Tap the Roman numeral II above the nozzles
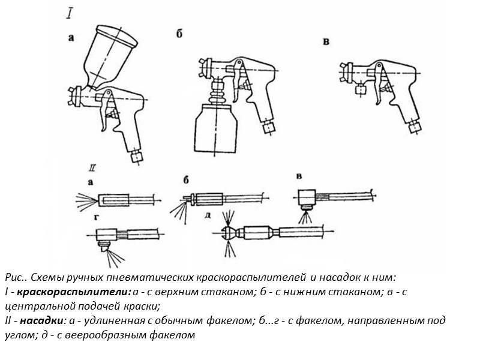tap(92, 167)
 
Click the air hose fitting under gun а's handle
tap(137, 156)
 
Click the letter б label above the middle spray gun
tap(179, 34)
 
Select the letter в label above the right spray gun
tap(326, 41)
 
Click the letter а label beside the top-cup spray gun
tap(71, 37)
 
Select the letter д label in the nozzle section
tap(206, 214)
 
